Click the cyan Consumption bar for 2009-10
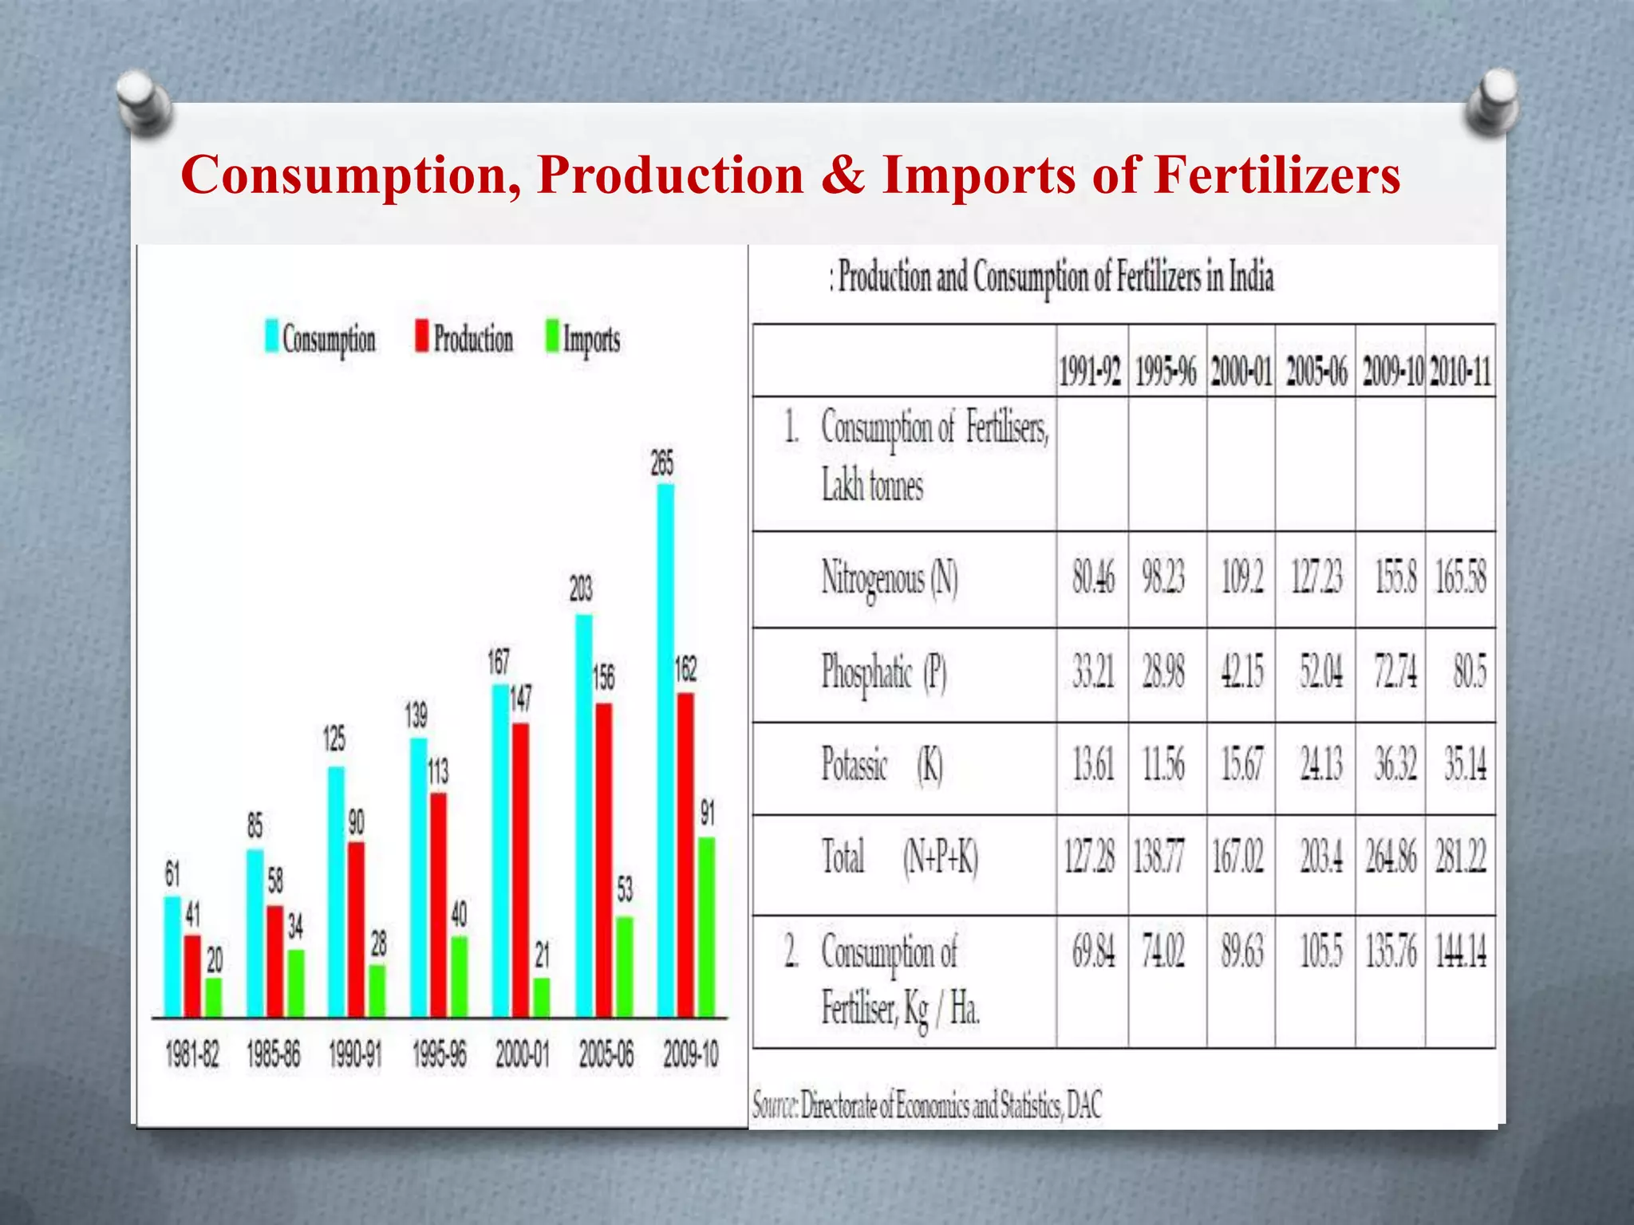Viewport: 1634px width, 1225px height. click(x=665, y=750)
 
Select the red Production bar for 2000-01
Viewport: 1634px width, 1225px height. click(x=520, y=869)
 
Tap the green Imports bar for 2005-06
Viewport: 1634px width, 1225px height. click(x=625, y=967)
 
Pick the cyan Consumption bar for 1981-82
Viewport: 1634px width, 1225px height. click(x=172, y=956)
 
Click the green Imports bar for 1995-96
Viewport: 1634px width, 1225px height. click(x=459, y=976)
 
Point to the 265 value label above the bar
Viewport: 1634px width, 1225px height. click(x=662, y=463)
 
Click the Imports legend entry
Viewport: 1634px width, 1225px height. click(x=583, y=339)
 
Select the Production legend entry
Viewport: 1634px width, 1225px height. click(x=464, y=339)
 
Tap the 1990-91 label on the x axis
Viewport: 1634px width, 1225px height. click(x=356, y=1055)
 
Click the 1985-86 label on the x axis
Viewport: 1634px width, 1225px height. click(x=274, y=1055)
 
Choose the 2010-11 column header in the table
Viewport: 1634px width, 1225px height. click(x=1460, y=372)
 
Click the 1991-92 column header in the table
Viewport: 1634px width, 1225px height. click(x=1091, y=372)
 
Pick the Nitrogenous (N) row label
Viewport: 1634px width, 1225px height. click(x=890, y=578)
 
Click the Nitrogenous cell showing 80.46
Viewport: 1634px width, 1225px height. click(x=1093, y=578)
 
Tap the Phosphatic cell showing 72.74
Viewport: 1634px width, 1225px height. click(x=1395, y=672)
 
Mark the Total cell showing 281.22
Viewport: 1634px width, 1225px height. click(x=1461, y=858)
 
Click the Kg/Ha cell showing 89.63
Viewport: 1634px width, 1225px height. click(x=1242, y=952)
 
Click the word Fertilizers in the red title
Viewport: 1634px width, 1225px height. click(x=1277, y=175)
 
